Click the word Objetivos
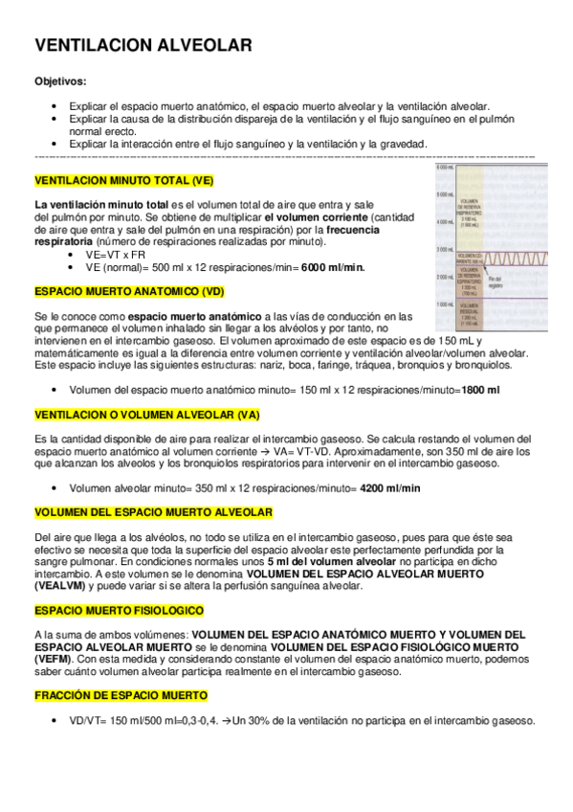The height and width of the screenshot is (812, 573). [x=60, y=82]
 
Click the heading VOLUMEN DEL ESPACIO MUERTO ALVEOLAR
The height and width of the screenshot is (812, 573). [x=153, y=512]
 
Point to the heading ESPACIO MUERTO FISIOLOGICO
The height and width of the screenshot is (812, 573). [x=119, y=610]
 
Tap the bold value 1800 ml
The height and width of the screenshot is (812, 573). [x=480, y=391]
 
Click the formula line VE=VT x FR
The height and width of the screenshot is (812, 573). [x=115, y=255]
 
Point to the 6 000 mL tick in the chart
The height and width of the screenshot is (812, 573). [x=445, y=169]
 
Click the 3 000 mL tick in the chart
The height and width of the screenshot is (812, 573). [x=445, y=249]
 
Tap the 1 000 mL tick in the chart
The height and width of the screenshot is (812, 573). [x=445, y=304]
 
